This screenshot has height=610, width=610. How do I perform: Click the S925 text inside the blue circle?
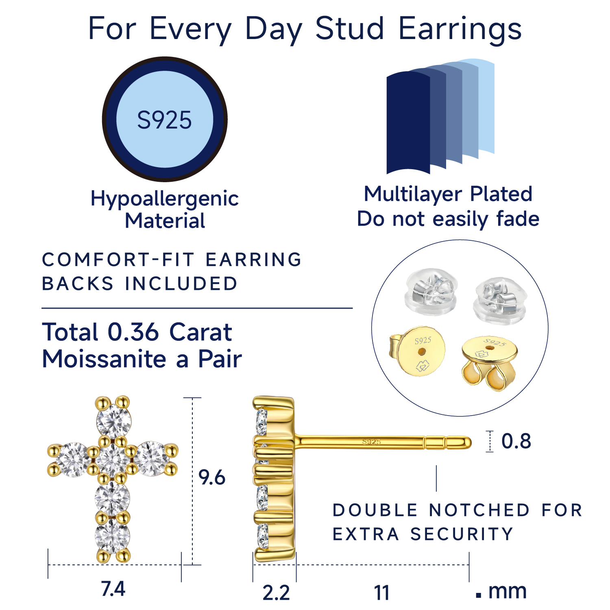tap(164, 120)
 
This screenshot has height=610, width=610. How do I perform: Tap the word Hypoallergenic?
tap(164, 199)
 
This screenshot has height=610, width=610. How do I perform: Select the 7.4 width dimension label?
tap(113, 589)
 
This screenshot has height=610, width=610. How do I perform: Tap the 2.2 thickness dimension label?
tap(276, 593)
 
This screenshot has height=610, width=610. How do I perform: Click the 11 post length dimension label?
tap(381, 593)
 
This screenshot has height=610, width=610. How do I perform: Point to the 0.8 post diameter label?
tap(516, 441)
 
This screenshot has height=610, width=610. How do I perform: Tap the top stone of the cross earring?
tap(114, 421)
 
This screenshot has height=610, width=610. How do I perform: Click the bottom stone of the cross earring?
tap(112, 536)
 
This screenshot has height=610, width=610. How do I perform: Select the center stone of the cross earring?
tap(113, 460)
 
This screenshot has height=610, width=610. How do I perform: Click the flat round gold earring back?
tap(421, 351)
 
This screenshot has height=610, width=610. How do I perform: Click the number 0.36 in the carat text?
tap(133, 332)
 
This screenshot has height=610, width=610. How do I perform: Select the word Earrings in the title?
tap(460, 29)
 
